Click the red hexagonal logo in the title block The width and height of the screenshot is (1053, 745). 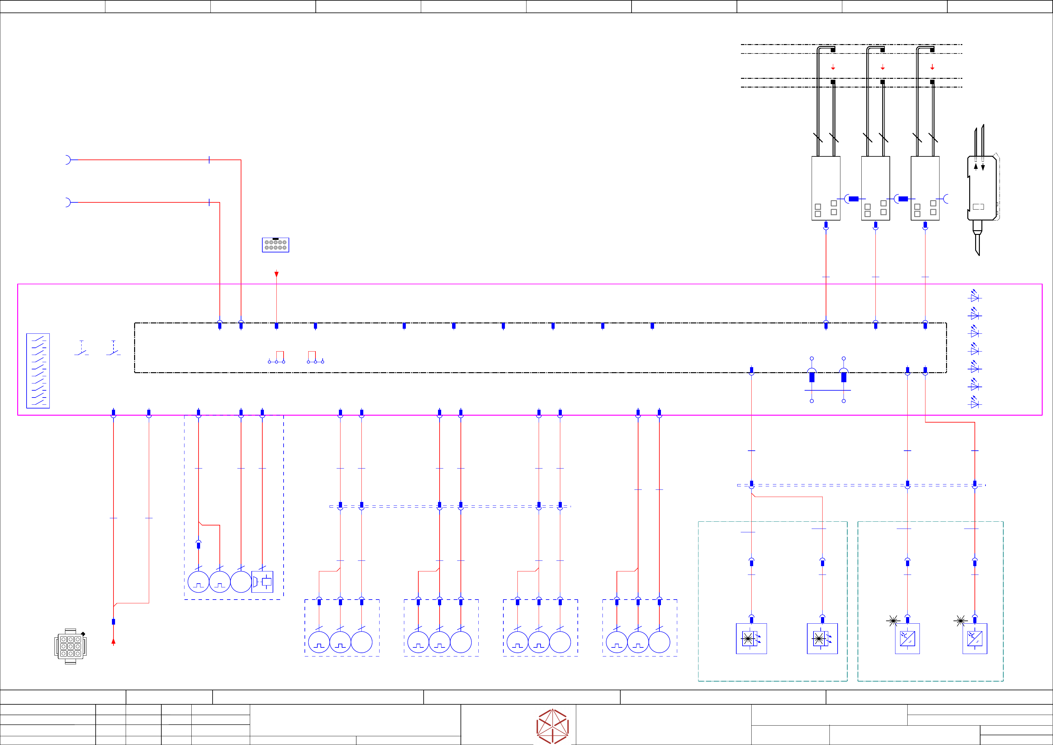(553, 726)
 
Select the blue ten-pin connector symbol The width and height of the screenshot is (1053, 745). (276, 245)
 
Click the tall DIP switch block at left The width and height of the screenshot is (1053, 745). (38, 371)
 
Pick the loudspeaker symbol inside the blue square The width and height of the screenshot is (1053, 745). (262, 582)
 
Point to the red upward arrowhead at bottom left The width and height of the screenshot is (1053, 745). (113, 642)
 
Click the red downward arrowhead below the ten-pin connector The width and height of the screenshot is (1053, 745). (277, 274)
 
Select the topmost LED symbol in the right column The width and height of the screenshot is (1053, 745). (975, 296)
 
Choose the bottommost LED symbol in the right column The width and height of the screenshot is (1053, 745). (975, 403)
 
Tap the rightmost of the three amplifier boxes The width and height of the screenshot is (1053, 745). (925, 188)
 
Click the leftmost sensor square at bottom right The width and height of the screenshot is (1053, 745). (751, 639)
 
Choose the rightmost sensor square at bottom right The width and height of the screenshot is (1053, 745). (975, 639)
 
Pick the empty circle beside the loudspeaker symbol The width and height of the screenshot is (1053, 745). (241, 582)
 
